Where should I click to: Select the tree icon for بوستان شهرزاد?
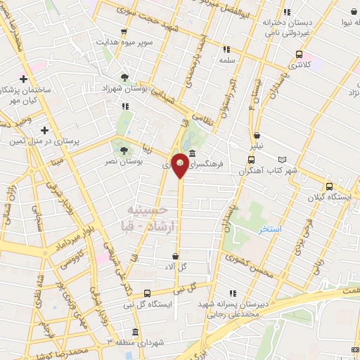click(x=125, y=77)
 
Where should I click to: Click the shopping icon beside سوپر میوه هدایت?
click(x=124, y=32)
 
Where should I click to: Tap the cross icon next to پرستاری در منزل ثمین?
click(x=45, y=130)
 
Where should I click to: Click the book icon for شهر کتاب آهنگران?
click(x=283, y=160)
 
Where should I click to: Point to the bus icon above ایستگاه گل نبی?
click(x=146, y=293)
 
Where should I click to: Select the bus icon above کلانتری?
click(x=300, y=54)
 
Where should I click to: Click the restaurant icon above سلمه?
click(x=226, y=49)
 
